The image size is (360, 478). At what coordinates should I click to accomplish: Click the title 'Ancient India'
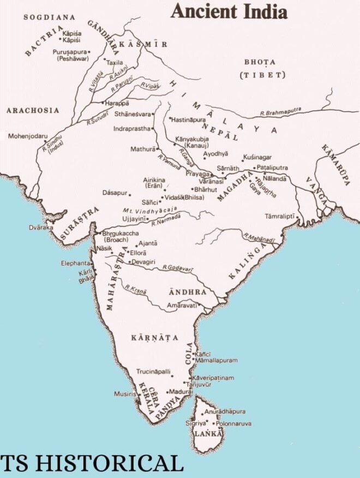[x=229, y=11]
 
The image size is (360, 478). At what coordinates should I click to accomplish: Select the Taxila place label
[x=115, y=62]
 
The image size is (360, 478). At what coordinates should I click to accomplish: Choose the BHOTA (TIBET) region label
[x=260, y=68]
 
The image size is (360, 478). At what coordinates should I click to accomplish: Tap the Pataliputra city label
[x=272, y=168]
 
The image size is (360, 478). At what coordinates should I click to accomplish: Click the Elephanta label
[x=76, y=264]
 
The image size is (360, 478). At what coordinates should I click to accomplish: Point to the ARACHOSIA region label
[x=32, y=110]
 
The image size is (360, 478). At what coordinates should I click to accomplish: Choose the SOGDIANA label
[x=49, y=17]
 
